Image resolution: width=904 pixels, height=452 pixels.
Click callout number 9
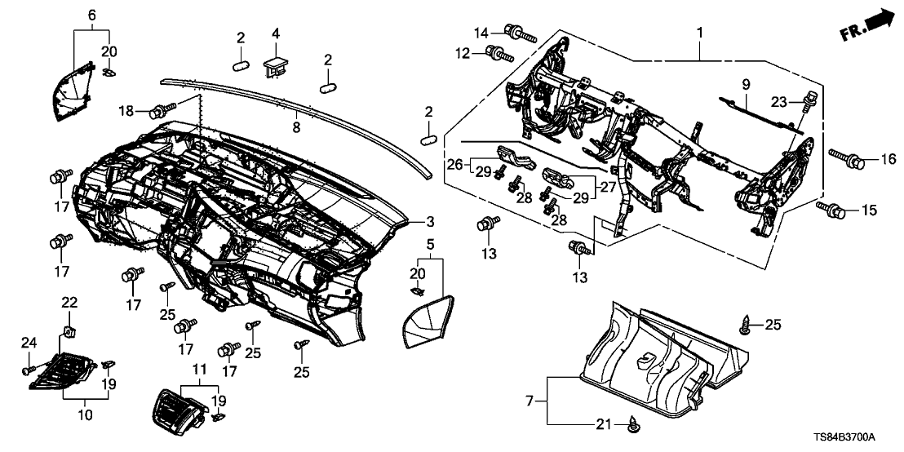pyautogui.click(x=744, y=84)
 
